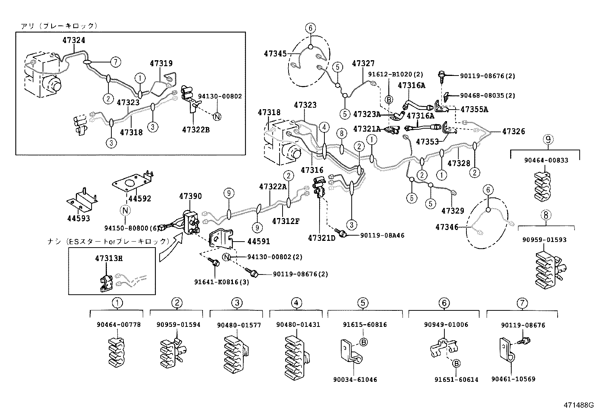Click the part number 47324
74,40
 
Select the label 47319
161,64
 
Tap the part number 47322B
196,129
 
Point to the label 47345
275,53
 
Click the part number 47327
363,64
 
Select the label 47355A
474,110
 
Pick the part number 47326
514,131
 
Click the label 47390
190,196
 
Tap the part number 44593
78,218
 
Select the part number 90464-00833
546,160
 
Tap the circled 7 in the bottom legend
522,303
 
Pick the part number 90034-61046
355,380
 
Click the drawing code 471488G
579,405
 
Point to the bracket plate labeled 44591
221,239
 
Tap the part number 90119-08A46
382,235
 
